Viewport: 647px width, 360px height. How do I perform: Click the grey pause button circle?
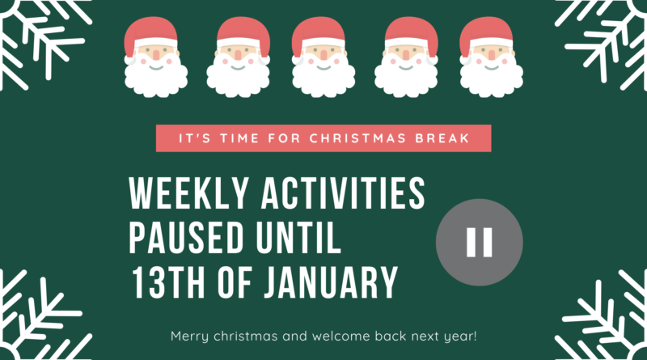point(480,243)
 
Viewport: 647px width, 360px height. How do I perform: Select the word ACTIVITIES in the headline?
point(343,193)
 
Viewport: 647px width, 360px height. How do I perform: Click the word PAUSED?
point(186,238)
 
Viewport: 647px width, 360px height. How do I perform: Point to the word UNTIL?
point(298,238)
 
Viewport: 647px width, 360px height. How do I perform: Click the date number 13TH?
point(168,282)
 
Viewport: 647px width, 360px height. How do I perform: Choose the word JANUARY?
point(331,282)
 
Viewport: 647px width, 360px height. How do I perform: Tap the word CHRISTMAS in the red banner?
point(357,138)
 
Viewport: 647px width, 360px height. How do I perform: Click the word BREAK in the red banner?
point(442,138)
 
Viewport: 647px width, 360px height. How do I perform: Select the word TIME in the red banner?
point(239,138)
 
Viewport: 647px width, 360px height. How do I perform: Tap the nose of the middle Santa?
point(323,55)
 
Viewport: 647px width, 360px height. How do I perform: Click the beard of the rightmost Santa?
point(492,78)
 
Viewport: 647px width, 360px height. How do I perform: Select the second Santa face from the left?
point(238,57)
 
